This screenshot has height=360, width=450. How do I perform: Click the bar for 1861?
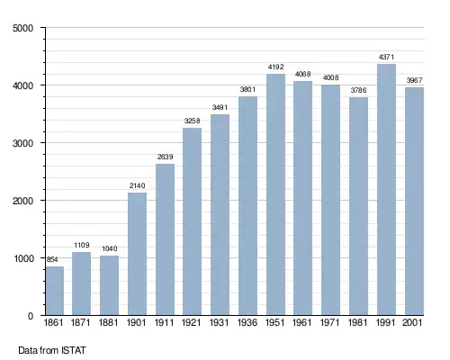coord(55,291)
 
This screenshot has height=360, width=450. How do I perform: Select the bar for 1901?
coord(137,254)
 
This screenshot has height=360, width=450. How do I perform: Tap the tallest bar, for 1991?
coord(386,190)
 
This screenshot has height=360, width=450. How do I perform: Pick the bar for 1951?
coord(275,194)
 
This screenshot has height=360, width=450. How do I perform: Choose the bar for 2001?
coord(414,202)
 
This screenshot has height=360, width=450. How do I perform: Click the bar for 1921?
coord(192,221)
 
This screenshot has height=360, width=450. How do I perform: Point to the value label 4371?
coord(386,57)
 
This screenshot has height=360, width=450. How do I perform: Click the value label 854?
coord(52,259)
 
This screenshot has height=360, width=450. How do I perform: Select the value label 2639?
coord(166,157)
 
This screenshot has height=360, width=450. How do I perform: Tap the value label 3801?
coord(247,89)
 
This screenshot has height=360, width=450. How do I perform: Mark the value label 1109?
coord(82,245)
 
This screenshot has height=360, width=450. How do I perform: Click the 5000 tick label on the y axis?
coord(23,28)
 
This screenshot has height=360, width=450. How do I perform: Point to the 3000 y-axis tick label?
coord(23,143)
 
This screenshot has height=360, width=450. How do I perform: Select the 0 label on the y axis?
coord(31,316)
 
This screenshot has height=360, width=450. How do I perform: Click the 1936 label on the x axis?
coord(247,323)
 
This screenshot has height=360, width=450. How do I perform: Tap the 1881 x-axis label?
coord(108,323)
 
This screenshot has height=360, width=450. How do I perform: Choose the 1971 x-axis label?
coord(330,323)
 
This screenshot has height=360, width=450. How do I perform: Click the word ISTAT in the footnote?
coord(74,350)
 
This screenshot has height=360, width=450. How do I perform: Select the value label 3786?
coord(358,90)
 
